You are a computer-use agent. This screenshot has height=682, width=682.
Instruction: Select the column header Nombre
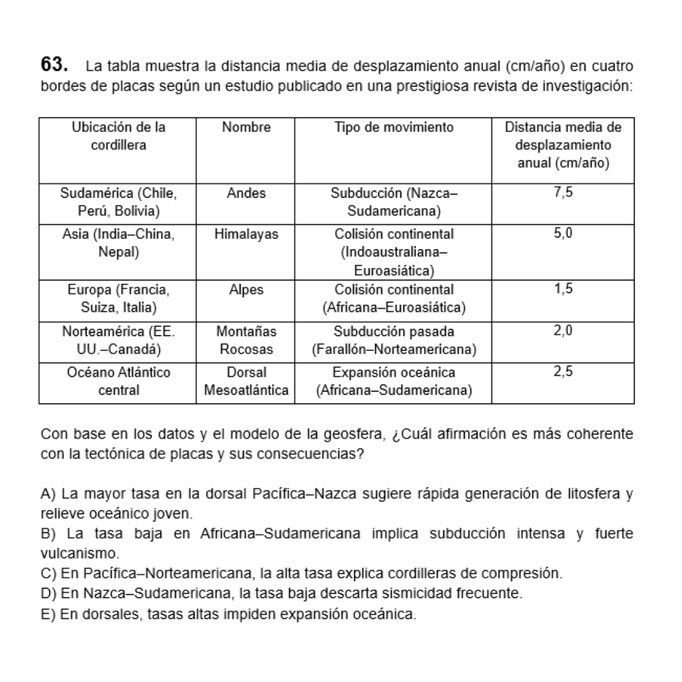(246, 128)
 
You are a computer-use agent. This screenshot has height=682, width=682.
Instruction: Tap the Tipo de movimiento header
(394, 128)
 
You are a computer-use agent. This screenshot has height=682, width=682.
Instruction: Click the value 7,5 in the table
(563, 193)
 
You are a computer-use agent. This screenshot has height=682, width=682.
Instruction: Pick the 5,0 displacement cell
(563, 234)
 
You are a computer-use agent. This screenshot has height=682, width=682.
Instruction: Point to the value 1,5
(563, 290)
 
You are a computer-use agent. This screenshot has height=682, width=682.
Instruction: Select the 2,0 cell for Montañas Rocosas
(563, 331)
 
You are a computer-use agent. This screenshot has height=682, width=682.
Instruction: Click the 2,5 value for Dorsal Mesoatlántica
(563, 372)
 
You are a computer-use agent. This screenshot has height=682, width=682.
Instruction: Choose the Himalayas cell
(246, 234)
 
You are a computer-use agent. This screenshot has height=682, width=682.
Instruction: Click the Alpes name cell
(246, 290)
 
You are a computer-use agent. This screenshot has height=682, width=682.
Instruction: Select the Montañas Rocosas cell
(246, 340)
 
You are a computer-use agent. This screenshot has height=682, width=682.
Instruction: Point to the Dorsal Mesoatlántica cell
(246, 381)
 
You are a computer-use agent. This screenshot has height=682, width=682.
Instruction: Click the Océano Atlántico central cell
(119, 381)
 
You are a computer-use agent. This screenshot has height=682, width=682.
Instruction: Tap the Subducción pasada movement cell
(394, 340)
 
